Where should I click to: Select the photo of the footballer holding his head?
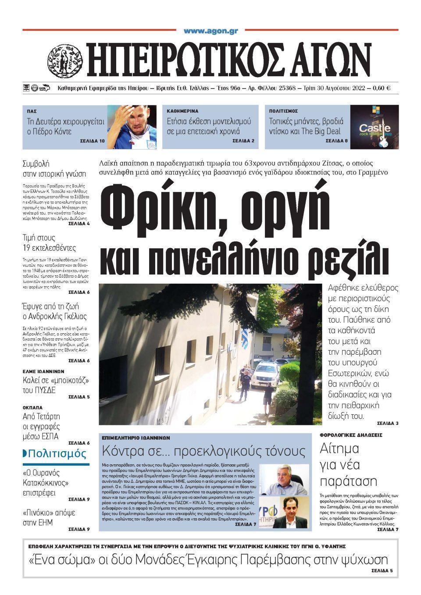tap(132, 126)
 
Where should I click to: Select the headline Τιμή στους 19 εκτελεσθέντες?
tap(49, 243)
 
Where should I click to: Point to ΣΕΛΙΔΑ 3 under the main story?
tap(387, 424)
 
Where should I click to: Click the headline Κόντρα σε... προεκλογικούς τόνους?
tap(203, 451)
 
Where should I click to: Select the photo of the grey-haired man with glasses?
tap(285, 479)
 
